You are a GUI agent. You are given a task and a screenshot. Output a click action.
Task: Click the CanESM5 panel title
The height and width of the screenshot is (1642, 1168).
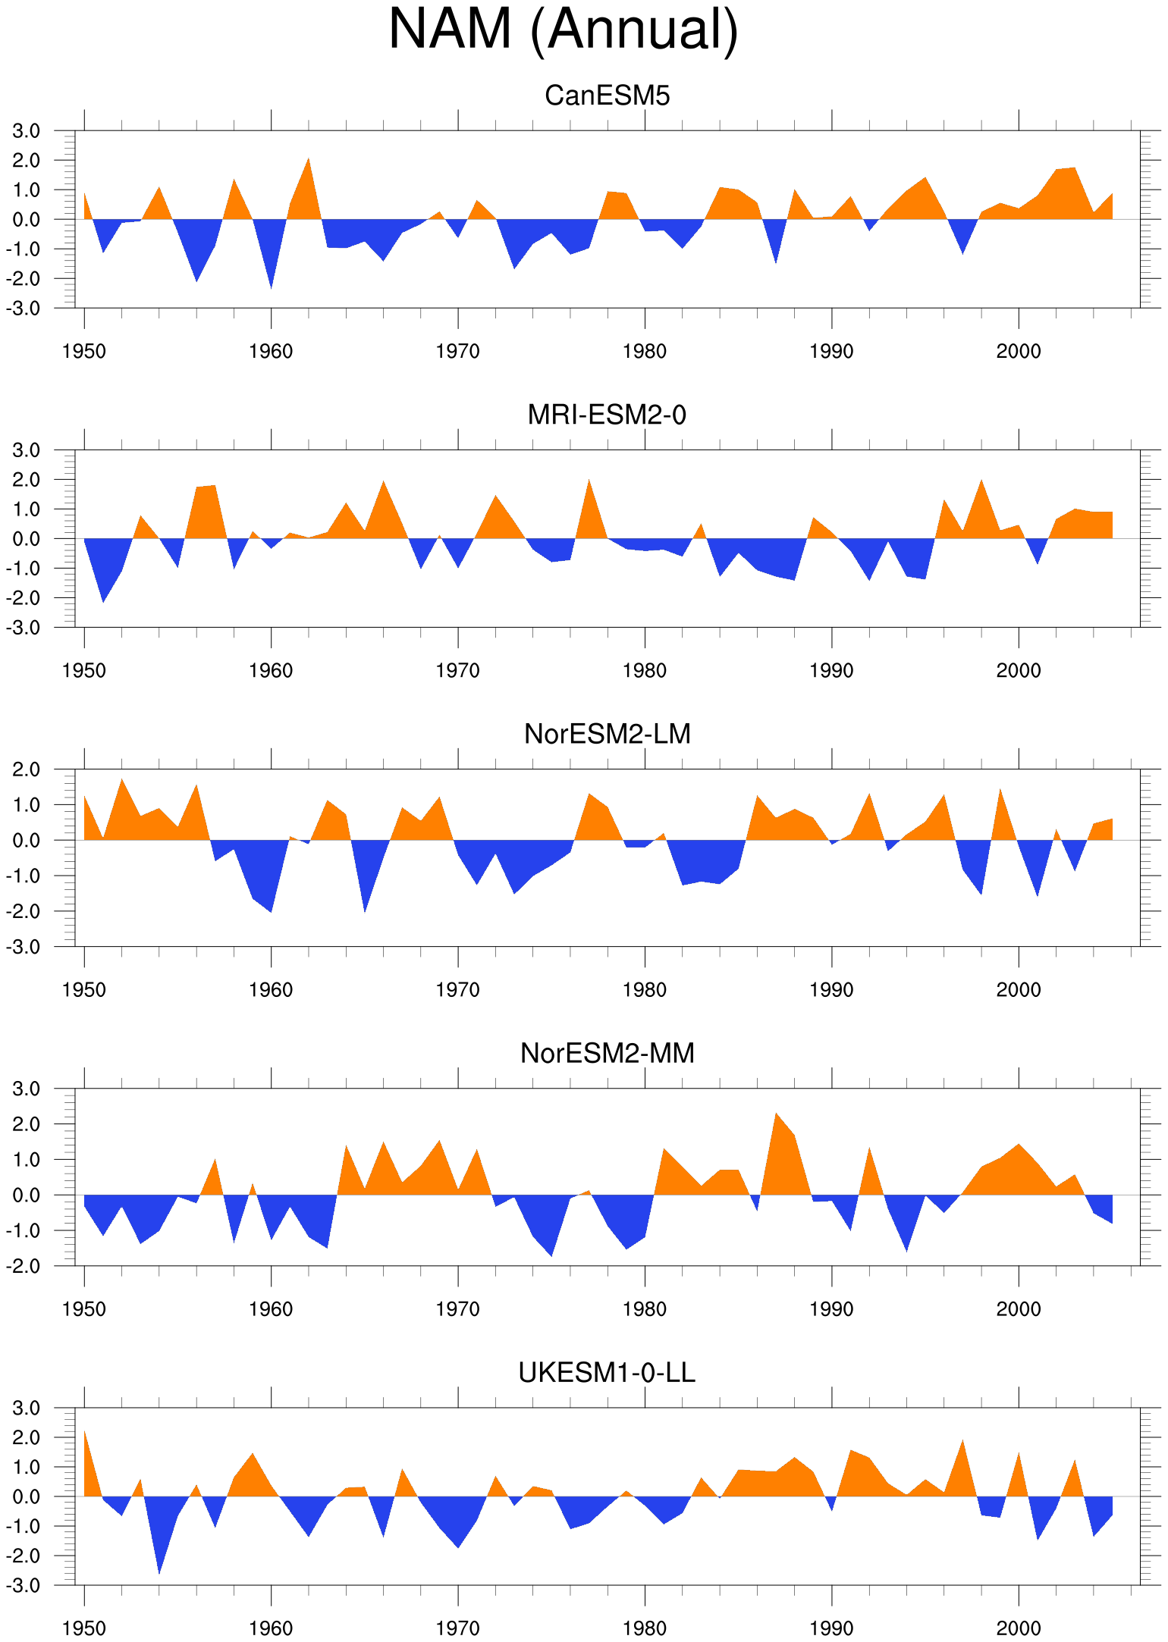pos(608,96)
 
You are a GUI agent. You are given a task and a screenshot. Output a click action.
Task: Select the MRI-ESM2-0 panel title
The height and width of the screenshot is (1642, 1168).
pos(607,415)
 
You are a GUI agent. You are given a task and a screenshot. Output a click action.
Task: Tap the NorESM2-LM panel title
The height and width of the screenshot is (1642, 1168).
pos(608,734)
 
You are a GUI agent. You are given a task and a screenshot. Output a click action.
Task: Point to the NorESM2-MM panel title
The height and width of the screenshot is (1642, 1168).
pos(608,1053)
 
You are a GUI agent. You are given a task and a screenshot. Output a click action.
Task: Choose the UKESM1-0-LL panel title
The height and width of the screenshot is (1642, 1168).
pos(607,1372)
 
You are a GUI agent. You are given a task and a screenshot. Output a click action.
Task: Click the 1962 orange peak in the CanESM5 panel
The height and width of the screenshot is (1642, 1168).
pos(309,158)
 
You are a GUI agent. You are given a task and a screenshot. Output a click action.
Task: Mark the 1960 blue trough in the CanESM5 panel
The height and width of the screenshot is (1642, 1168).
pos(272,288)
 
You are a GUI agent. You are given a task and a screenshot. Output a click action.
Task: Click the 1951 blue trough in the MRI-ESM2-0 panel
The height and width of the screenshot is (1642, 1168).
pos(103,602)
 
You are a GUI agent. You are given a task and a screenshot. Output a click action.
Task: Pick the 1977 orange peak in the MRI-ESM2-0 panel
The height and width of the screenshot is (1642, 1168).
pos(589,479)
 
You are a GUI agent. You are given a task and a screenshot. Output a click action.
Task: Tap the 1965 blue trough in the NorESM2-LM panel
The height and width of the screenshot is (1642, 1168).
pos(365,911)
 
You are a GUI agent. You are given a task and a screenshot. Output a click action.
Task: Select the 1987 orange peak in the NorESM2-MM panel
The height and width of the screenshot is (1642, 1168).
pos(776,1113)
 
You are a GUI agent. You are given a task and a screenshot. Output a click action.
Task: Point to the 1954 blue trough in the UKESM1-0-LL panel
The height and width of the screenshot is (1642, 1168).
pos(159,1573)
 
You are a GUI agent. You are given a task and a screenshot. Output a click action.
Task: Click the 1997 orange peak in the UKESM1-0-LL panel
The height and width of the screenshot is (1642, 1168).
pos(963,1440)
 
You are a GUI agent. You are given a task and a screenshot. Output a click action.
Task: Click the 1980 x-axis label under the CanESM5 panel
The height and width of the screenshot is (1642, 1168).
pos(645,352)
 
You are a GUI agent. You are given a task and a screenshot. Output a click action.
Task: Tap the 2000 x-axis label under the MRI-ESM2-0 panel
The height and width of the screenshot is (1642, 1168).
pos(1019,671)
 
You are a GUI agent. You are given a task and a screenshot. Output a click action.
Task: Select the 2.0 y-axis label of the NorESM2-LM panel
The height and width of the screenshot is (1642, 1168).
pos(27,769)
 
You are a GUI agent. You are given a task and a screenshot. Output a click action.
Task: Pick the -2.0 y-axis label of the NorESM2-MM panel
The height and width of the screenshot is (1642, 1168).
pos(23,1266)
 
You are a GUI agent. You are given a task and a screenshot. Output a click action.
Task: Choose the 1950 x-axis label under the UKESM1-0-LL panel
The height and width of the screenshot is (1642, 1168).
pos(84,1628)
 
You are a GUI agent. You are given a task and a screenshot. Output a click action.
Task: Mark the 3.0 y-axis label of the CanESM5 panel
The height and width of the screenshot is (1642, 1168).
pos(27,131)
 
